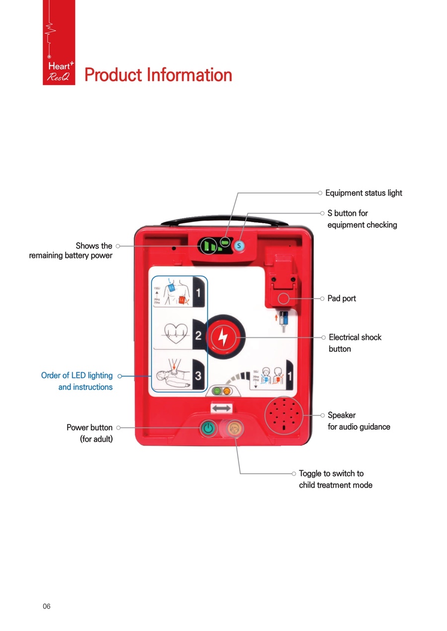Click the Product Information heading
(x=158, y=75)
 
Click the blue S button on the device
(x=239, y=245)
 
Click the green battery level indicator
(x=208, y=246)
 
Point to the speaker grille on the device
(x=283, y=415)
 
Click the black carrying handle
(x=224, y=219)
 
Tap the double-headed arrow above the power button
(x=222, y=408)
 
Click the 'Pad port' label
(x=342, y=299)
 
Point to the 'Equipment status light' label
(x=364, y=193)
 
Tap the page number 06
(x=47, y=606)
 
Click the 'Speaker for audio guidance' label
(x=359, y=421)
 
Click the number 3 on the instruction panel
(x=198, y=376)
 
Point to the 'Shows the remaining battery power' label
(x=71, y=251)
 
